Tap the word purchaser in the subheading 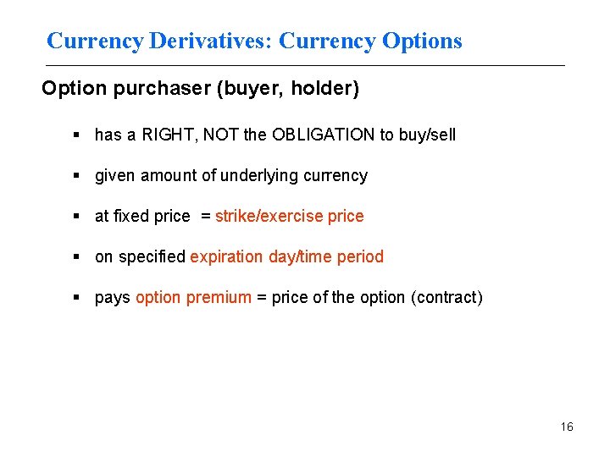[x=159, y=89]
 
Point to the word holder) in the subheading [x=329, y=89]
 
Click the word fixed [x=133, y=216]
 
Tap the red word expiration [x=227, y=256]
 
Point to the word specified [x=152, y=256]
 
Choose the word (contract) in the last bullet [x=446, y=297]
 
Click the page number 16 [x=567, y=427]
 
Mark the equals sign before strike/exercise [x=205, y=216]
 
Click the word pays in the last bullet [x=113, y=297]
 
